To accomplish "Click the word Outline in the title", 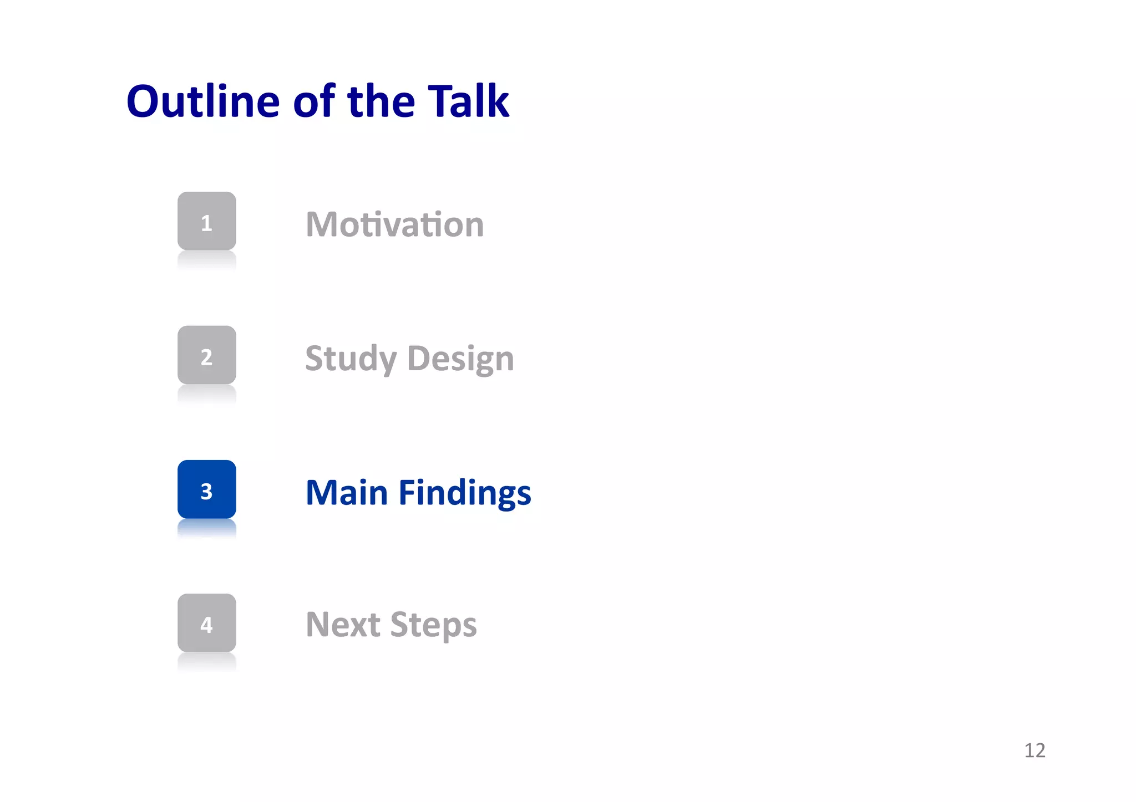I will [x=203, y=101].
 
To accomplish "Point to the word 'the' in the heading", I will [x=381, y=101].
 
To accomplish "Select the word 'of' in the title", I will [x=315, y=101].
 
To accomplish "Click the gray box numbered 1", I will [x=206, y=221].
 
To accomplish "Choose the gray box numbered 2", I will [x=206, y=355].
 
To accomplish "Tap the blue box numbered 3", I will [x=206, y=489].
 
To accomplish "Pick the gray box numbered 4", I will [x=206, y=623].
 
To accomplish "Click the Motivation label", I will [x=394, y=224].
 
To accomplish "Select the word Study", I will [x=351, y=359].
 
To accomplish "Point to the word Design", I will [x=460, y=359].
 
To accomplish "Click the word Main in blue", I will [x=347, y=493].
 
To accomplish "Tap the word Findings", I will [x=465, y=493].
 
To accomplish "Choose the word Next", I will [x=343, y=625].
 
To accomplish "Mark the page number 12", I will [x=1034, y=750].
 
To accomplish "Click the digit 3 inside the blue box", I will [x=206, y=492].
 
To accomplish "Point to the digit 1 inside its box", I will [x=206, y=223].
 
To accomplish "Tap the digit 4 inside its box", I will [x=206, y=625].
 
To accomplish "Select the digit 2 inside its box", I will [x=206, y=357].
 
